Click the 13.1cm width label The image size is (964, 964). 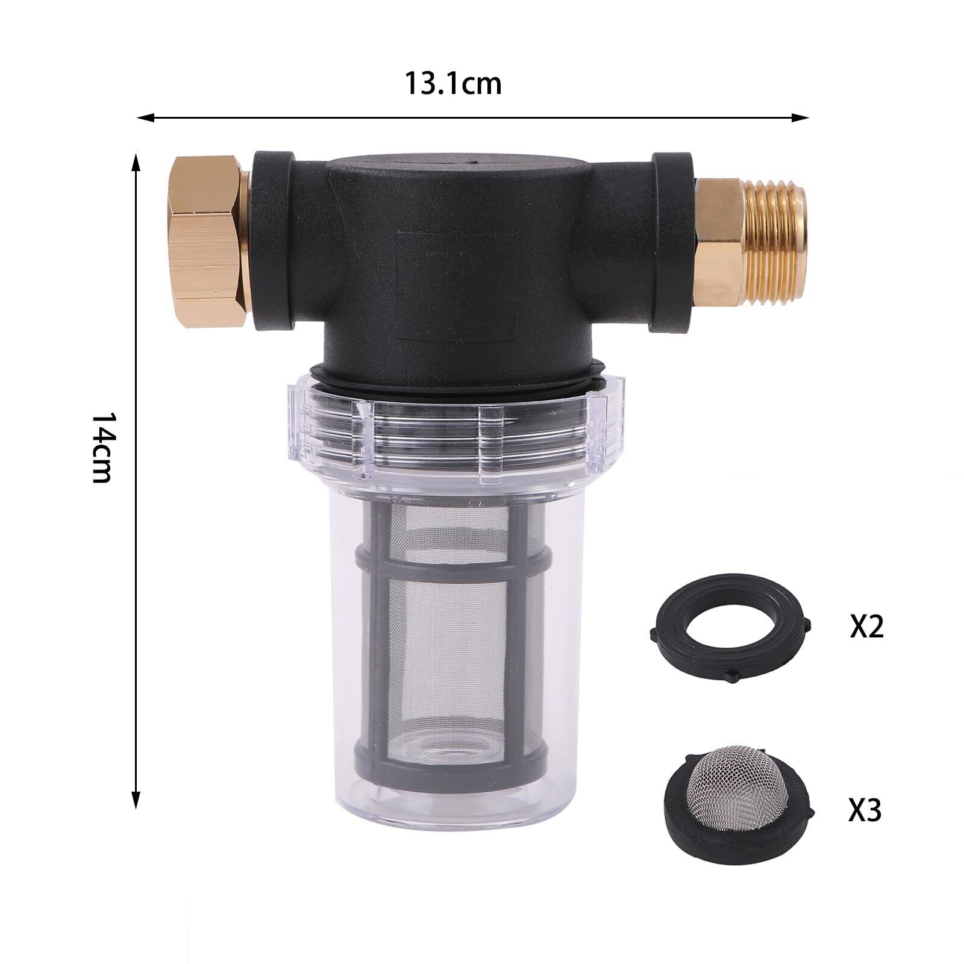click(452, 83)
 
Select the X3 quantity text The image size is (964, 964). click(865, 810)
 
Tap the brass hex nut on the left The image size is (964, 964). click(207, 241)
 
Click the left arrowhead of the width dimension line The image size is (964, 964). click(145, 117)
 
